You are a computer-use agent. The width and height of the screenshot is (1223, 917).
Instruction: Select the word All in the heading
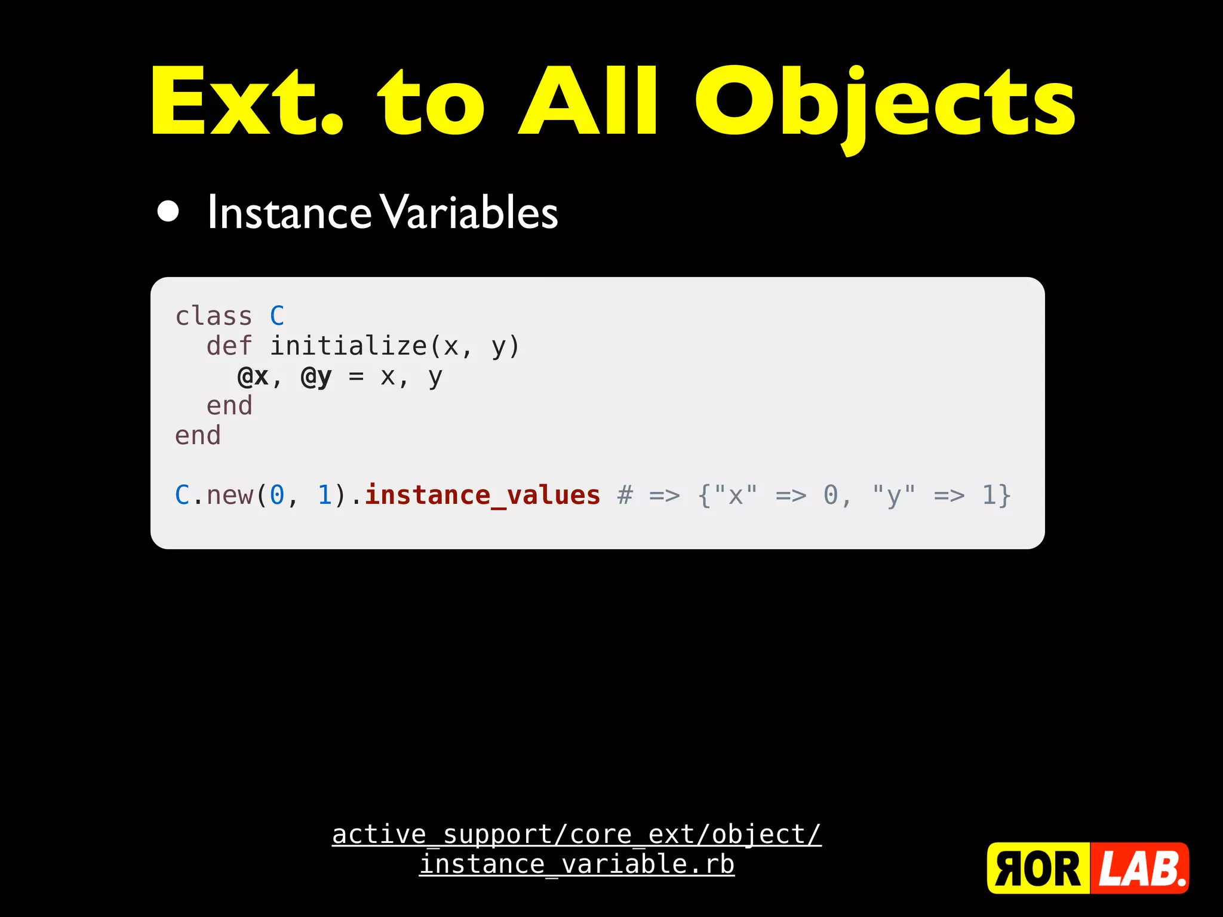coord(588,101)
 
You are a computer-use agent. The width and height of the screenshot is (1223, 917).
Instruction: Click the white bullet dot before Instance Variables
coord(168,211)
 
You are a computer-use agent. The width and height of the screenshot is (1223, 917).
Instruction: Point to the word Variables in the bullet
coord(469,213)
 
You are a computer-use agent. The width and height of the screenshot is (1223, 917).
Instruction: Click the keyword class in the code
coord(213,316)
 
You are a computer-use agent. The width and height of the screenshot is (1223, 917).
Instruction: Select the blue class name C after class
coord(277,316)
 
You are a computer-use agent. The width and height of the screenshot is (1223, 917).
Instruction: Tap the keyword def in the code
coord(229,346)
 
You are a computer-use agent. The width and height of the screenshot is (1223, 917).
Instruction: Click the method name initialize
coord(348,346)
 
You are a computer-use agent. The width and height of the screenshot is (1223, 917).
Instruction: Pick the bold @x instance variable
coord(253,376)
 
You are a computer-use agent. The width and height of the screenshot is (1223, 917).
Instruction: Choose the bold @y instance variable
coord(316,377)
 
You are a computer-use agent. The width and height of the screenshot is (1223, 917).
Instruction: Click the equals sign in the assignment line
coord(356,377)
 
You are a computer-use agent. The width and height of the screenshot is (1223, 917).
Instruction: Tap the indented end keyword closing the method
coord(229,406)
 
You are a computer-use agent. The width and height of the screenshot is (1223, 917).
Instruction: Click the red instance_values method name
coord(483,495)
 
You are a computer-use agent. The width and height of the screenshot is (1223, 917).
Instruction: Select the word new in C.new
coord(229,496)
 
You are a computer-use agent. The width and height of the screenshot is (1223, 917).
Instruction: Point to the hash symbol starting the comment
coord(625,495)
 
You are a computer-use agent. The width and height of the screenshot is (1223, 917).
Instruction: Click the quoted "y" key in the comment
coord(893,496)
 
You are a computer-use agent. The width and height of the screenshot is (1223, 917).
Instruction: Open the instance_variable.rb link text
coord(577,864)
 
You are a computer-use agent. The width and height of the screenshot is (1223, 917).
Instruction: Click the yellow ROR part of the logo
coord(1038,869)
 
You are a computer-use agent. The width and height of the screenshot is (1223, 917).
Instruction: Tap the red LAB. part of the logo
coord(1140,869)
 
